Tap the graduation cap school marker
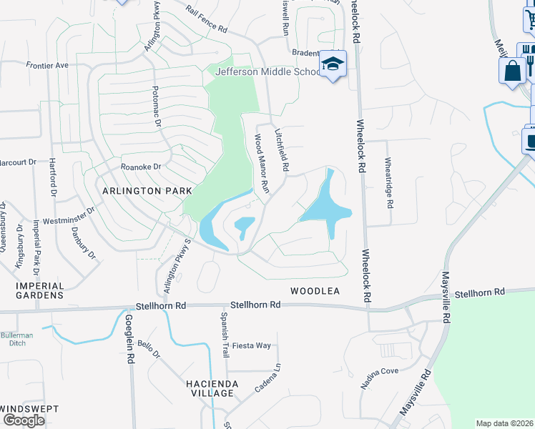(333, 64)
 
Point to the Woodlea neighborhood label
(314, 291)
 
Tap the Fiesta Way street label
(255, 345)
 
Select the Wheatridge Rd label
(389, 182)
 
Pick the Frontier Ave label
(47, 65)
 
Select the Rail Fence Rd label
(205, 20)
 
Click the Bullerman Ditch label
(17, 340)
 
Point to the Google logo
(24, 420)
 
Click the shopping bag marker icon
(512, 71)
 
